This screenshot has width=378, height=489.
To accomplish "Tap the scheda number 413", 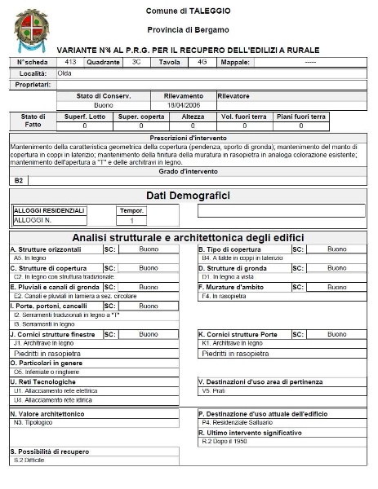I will tap(71, 61).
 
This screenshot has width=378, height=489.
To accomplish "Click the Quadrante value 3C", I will tap(136, 61).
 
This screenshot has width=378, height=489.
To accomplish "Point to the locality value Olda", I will tap(64, 73).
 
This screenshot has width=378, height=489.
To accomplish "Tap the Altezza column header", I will tap(193, 117).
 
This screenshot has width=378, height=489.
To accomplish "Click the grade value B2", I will tap(20, 179).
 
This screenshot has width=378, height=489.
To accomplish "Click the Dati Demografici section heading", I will tap(188, 196).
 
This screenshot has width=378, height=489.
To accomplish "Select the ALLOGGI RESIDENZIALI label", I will tap(49, 210).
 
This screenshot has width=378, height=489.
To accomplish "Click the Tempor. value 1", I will tap(131, 220).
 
